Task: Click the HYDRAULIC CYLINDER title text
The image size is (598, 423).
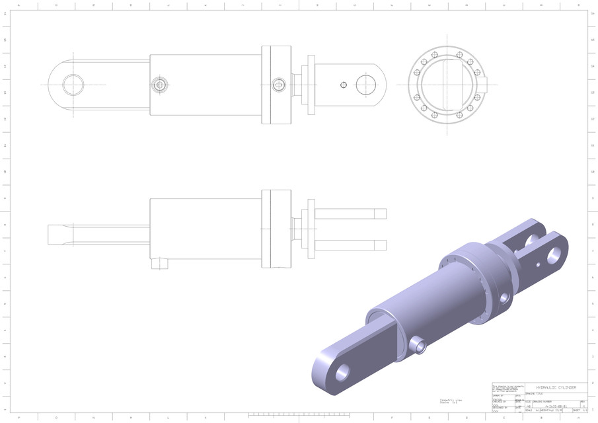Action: (x=556, y=388)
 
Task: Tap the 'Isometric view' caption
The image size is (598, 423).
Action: (x=451, y=400)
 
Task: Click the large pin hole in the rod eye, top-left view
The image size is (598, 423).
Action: (x=73, y=85)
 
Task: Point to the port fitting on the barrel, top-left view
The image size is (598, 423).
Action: (x=159, y=85)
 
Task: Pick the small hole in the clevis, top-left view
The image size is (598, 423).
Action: (x=343, y=85)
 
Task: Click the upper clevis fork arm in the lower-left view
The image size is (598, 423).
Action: (x=350, y=213)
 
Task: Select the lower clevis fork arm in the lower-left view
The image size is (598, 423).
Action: (x=350, y=245)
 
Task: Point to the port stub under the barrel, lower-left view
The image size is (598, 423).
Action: (x=160, y=264)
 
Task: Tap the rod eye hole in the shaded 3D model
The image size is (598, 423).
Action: (x=342, y=373)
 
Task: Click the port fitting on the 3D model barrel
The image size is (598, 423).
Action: (x=418, y=344)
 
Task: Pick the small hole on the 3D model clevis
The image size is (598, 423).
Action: (x=539, y=264)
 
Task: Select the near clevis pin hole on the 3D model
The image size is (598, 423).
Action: (x=554, y=254)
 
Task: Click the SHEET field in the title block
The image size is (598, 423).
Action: (x=580, y=410)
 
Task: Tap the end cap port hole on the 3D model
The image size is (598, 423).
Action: (x=504, y=298)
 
